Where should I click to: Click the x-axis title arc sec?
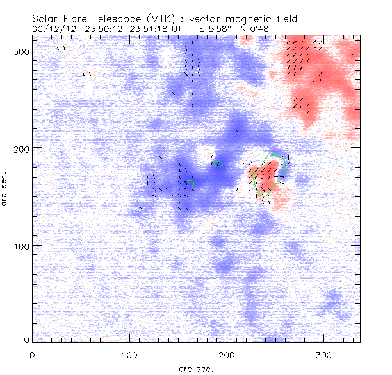(195, 368)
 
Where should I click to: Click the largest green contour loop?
(269, 173)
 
